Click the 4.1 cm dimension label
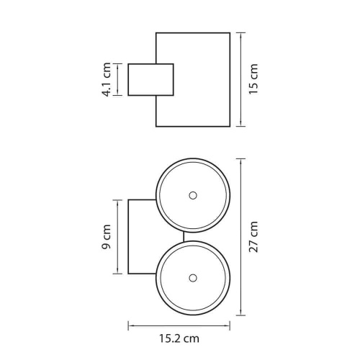click(107, 79)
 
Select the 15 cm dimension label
click(253, 79)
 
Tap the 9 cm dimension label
click(106, 237)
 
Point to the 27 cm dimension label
click(253, 237)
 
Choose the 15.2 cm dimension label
click(179, 338)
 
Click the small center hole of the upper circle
click(193, 195)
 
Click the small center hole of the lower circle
click(193, 278)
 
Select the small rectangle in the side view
click(150, 80)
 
